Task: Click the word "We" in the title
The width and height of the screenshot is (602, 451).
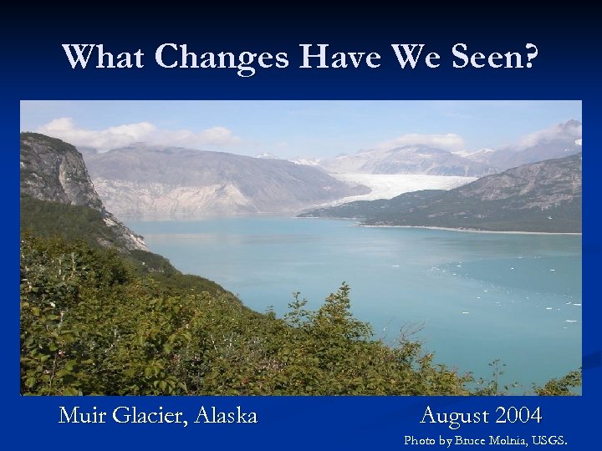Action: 407,57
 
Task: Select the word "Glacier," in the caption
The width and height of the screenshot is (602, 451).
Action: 148,415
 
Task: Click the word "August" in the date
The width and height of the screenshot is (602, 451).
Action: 455,415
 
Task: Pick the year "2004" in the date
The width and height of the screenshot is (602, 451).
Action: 518,415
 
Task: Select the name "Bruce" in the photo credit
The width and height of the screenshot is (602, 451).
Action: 462,439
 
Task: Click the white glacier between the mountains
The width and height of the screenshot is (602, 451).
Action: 401,185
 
